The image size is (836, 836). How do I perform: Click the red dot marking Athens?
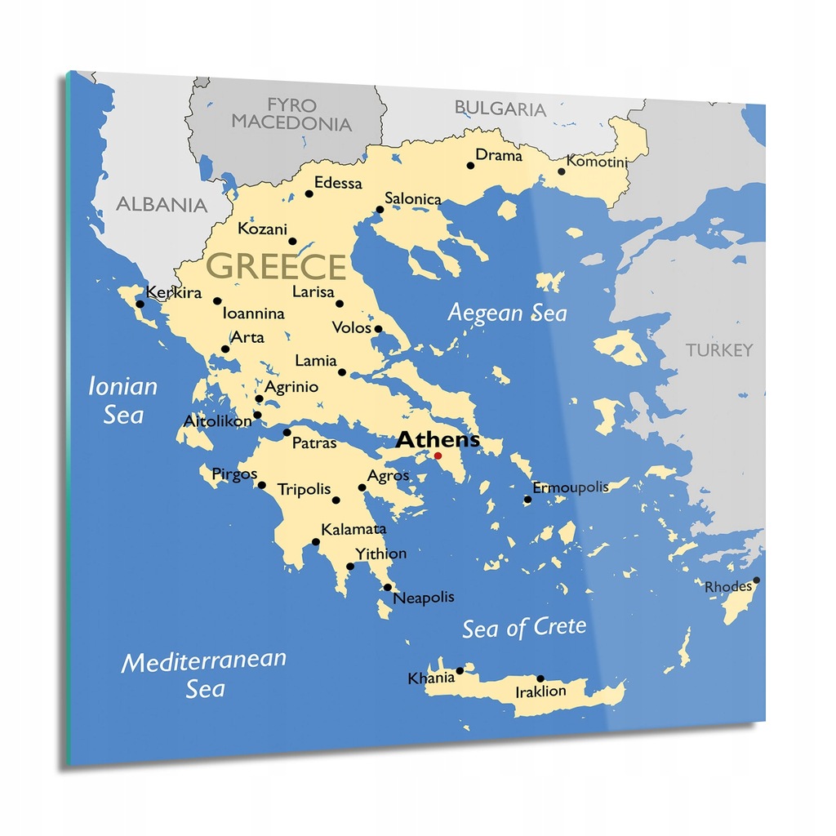[x=438, y=456]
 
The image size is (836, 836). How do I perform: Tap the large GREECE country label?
[x=277, y=267]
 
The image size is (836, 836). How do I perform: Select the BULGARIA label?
[x=500, y=109]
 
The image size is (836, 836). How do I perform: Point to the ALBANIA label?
[x=162, y=204]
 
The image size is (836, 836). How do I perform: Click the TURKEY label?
[x=719, y=350]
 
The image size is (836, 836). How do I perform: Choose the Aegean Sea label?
[x=507, y=313]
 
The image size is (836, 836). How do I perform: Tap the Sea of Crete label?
[x=524, y=628]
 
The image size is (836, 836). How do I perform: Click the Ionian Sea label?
[x=122, y=400]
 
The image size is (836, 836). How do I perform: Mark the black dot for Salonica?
[x=380, y=210]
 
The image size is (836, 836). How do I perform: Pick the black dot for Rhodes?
[x=757, y=580]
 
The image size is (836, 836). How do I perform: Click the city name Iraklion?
[x=540, y=691]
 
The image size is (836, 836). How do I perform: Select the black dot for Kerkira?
[x=140, y=305]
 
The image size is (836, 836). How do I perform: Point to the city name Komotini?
[x=598, y=162]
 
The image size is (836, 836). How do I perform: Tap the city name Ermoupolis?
[x=571, y=487]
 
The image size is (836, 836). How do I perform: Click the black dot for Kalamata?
[x=316, y=541]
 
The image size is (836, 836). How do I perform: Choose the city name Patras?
[x=314, y=443]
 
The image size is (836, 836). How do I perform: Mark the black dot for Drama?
[x=470, y=166]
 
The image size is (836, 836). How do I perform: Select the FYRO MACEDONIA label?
[x=291, y=114]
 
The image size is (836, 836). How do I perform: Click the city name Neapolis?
[x=424, y=598]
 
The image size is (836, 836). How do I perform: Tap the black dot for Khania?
[x=460, y=671]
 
